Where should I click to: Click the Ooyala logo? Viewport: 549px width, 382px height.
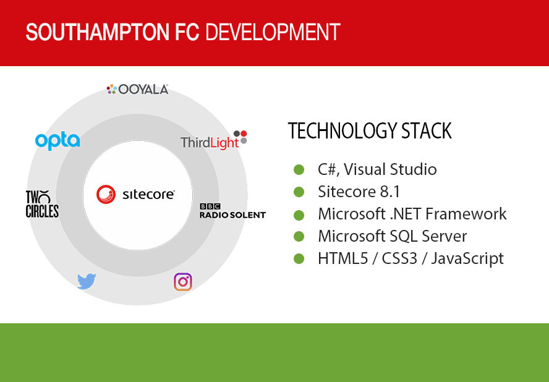pos(137,89)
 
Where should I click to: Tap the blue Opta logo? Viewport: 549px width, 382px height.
pos(57,141)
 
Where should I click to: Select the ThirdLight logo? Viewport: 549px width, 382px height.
pos(214,140)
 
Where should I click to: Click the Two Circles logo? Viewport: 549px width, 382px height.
pos(43,204)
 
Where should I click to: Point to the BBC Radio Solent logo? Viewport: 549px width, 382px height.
pos(232,211)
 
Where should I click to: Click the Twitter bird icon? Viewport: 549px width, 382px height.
pos(87,281)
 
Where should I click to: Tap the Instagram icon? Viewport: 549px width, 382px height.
pos(183,282)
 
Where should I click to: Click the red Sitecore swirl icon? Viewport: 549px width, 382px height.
pos(106,194)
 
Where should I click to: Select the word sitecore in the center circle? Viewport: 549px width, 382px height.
pos(148,194)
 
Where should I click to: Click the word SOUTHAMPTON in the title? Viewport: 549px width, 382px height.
pos(98,32)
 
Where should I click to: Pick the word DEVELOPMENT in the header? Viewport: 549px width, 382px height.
pos(273,32)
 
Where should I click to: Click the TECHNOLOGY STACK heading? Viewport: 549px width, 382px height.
pos(370,131)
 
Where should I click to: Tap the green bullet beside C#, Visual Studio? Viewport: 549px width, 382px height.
pos(299,170)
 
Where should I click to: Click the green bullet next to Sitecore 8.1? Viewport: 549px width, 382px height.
pos(299,192)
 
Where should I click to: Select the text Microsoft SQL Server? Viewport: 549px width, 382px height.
pos(393,236)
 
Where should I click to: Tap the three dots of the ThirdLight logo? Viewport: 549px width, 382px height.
pos(240,137)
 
